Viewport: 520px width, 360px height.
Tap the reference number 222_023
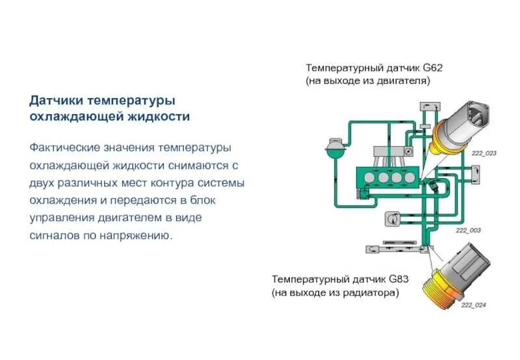coord(483,153)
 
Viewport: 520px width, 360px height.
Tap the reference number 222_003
coord(468,230)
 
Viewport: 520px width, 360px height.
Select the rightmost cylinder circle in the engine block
coord(409,177)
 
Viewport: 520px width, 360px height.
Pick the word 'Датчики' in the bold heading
coord(57,101)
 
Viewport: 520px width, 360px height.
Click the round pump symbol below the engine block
coord(391,220)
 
